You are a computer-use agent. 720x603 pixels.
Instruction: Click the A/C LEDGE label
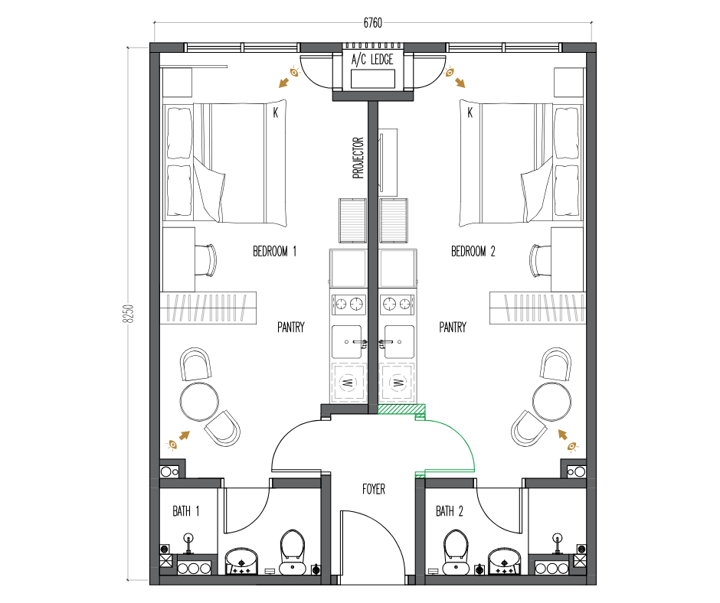coord(372,60)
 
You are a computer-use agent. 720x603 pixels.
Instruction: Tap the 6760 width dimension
coord(372,23)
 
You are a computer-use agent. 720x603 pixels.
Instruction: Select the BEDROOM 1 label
coord(274,252)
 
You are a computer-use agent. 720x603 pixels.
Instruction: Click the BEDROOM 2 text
coord(473,252)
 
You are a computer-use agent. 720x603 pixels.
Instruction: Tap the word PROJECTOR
coord(358,158)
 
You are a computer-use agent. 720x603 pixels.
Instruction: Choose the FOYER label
coord(374,489)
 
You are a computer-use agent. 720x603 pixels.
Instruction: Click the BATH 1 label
coord(186,511)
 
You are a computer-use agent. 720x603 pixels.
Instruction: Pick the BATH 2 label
coord(450,511)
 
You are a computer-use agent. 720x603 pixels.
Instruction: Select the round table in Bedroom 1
coord(199,402)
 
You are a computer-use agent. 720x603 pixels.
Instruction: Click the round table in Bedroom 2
coord(552,402)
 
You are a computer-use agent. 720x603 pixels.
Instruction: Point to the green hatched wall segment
coord(401,409)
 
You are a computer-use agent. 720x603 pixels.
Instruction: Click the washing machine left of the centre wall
coord(349,383)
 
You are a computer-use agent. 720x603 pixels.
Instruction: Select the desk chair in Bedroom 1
coord(206,260)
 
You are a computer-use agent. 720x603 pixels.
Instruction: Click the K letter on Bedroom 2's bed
coord(470,112)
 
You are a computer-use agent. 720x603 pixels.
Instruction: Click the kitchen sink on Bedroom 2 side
coord(399,342)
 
